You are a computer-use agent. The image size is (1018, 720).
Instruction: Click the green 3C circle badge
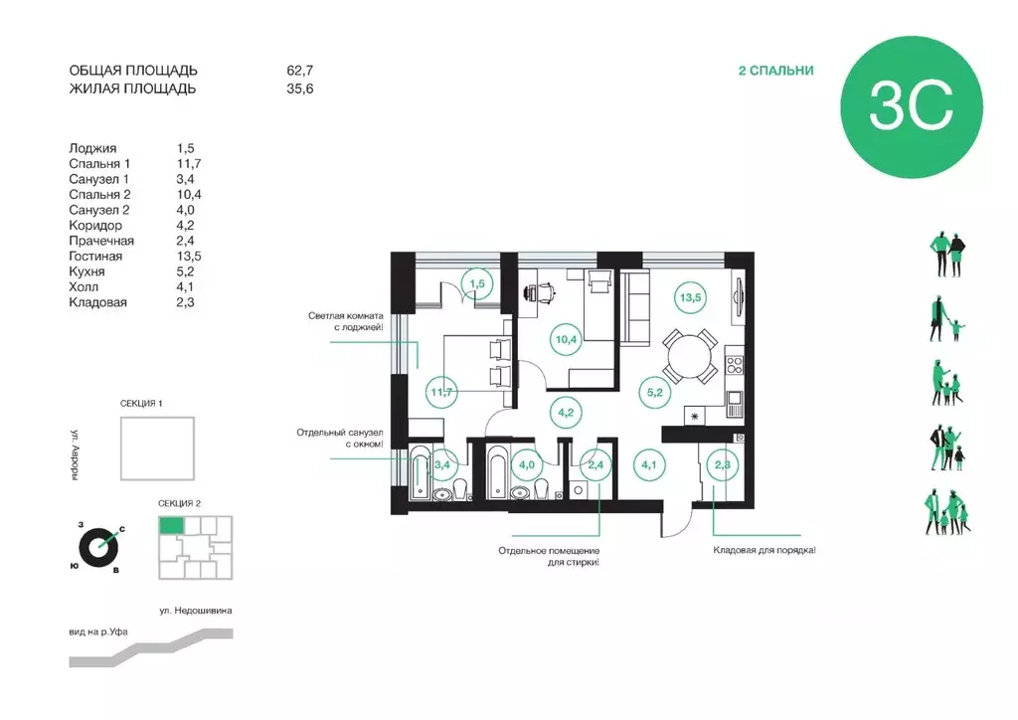tap(912, 107)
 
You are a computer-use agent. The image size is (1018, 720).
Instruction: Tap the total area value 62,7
tap(300, 71)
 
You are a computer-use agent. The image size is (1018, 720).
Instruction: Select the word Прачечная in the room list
tap(101, 241)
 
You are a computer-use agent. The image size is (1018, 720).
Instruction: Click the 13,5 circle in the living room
tap(690, 298)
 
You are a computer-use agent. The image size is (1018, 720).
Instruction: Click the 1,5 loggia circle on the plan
tap(477, 283)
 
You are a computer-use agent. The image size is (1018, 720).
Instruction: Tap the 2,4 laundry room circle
tap(595, 464)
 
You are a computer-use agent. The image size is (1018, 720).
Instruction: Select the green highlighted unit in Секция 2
tap(171, 525)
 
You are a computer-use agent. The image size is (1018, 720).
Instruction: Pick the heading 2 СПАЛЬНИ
tap(775, 71)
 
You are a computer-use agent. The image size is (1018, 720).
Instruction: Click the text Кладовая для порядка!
tap(764, 550)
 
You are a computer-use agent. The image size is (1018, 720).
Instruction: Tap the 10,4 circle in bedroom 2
tap(566, 339)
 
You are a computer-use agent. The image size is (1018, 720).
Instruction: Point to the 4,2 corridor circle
tap(566, 413)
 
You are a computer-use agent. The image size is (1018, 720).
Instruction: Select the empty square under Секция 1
tap(157, 449)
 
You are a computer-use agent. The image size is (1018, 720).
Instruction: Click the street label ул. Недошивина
tap(196, 611)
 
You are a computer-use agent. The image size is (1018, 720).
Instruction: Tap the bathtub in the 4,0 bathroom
tap(497, 472)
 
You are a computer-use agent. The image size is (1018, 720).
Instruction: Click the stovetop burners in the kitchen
tap(735, 365)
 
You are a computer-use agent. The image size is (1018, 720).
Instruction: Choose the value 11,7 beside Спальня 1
tap(189, 164)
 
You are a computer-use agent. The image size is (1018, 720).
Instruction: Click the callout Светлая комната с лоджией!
tap(345, 321)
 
